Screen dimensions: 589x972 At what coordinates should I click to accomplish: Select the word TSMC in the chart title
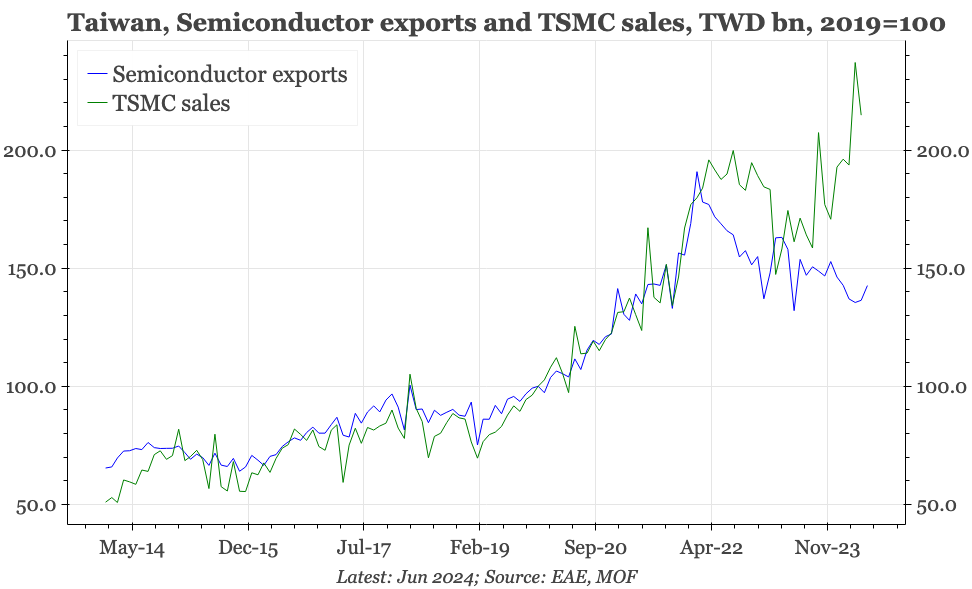click(601, 23)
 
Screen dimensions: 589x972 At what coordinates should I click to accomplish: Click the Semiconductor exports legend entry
click(230, 74)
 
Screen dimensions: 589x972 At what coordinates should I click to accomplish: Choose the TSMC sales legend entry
click(171, 102)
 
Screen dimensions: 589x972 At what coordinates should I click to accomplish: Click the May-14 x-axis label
click(132, 547)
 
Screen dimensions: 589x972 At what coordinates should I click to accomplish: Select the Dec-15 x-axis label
click(248, 547)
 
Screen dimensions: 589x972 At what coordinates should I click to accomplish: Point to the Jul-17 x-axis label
click(363, 547)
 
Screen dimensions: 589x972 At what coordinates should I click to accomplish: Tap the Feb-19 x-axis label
click(479, 547)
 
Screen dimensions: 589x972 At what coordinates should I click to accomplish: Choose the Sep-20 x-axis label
click(595, 547)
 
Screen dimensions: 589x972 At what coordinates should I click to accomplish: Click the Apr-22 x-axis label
click(711, 547)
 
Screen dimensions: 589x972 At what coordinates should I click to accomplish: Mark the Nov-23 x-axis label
click(827, 547)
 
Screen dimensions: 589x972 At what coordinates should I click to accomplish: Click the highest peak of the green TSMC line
click(855, 63)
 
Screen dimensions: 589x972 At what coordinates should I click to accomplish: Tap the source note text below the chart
click(486, 576)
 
